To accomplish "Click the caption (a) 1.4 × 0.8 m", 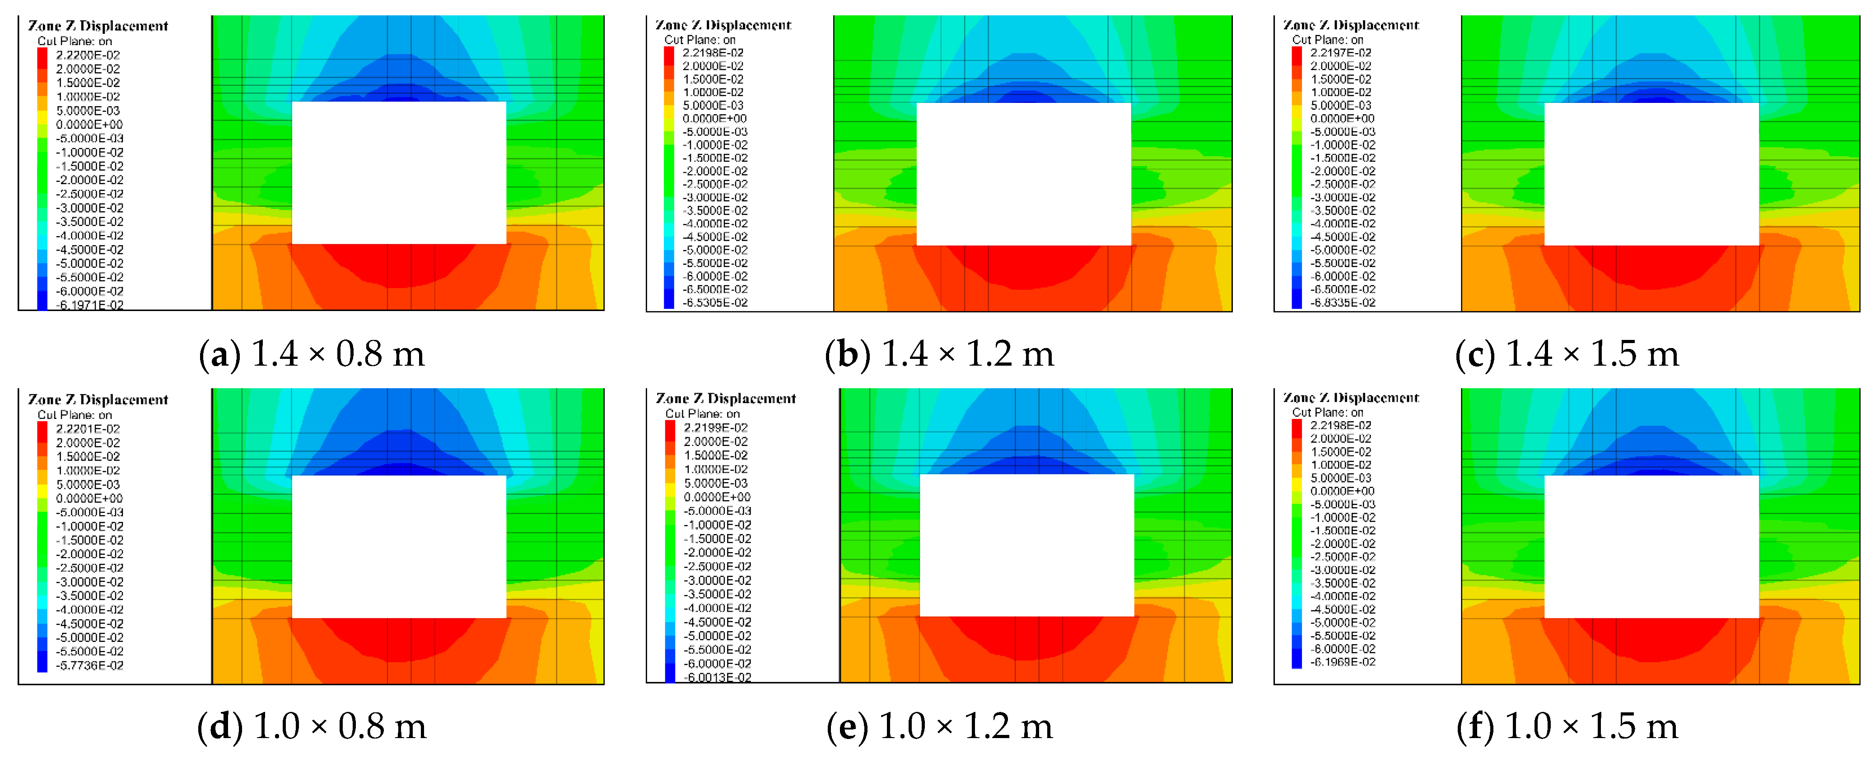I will coord(312,354).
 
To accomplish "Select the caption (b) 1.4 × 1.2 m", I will coord(939,354).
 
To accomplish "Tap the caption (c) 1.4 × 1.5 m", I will coord(1567,354).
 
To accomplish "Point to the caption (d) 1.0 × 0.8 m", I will coord(312,726).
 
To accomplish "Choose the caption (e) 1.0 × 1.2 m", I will coord(939,726).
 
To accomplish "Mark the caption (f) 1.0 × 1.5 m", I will coord(1567,726).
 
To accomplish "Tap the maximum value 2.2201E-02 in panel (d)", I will coord(88,429).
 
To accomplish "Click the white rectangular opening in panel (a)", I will coord(399,172).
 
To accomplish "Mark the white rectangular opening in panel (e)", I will coord(1026,545).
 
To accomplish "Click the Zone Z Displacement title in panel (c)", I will coord(1351,25).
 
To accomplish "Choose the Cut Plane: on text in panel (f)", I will coord(1328,413).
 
